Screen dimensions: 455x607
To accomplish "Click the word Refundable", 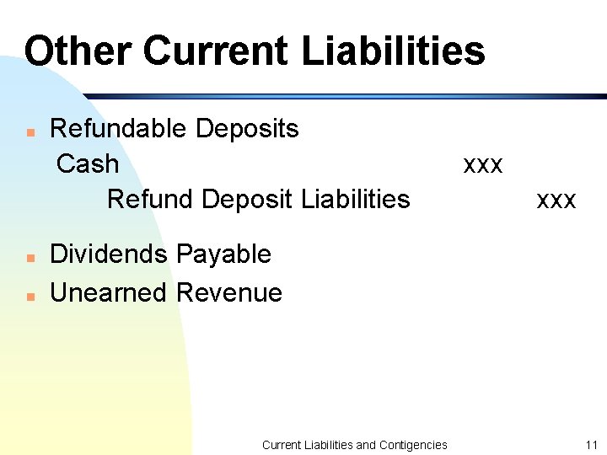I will [119, 129].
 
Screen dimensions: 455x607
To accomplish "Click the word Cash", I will [88, 163].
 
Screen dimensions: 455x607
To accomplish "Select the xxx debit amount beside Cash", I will [483, 164].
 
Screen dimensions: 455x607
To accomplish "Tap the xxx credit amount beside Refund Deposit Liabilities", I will [556, 201].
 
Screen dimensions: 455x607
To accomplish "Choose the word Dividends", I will [107, 254].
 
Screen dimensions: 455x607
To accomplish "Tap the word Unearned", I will [110, 292].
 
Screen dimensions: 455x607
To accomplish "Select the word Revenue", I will [229, 292].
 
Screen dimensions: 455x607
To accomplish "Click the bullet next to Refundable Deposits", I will [30, 132].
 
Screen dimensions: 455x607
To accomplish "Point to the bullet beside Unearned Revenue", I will [30, 296].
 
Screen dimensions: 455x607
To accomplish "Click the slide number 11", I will [591, 445].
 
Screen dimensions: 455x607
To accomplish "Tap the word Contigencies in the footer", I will [413, 445].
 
